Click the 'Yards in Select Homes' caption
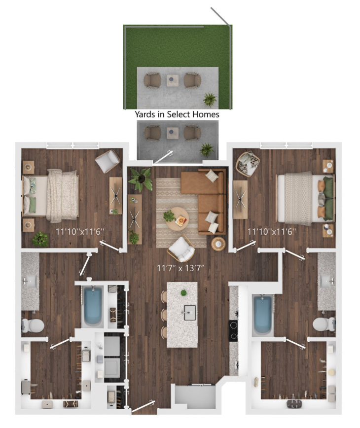pyautogui.click(x=177, y=114)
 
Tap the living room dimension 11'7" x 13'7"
pyautogui.click(x=180, y=268)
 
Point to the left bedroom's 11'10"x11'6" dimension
pyautogui.click(x=80, y=232)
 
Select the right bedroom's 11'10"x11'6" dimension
pyautogui.click(x=272, y=232)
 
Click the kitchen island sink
pyautogui.click(x=190, y=312)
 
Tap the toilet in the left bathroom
pyautogui.click(x=33, y=325)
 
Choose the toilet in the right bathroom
pyautogui.click(x=324, y=324)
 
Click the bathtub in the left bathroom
pyautogui.click(x=93, y=306)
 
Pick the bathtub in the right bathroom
pyautogui.click(x=262, y=315)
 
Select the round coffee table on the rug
pyautogui.click(x=178, y=219)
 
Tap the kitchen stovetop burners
pyautogui.click(x=233, y=331)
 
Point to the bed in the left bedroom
pyautogui.click(x=50, y=195)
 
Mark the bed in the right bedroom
pyautogui.click(x=305, y=198)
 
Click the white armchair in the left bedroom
pyautogui.click(x=108, y=161)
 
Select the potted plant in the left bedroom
pyautogui.click(x=40, y=239)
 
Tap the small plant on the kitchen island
pyautogui.click(x=183, y=293)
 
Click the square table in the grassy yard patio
pyautogui.click(x=173, y=80)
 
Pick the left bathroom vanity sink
pyautogui.click(x=30, y=281)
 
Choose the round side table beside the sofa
pyautogui.click(x=218, y=244)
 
